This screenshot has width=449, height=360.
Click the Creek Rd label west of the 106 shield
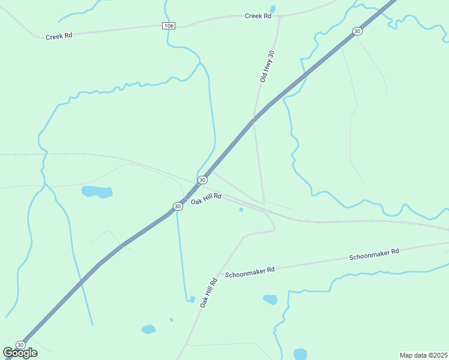coord(59,36)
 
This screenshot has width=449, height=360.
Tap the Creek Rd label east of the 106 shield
coord(258,16)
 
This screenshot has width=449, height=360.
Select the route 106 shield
coord(169,26)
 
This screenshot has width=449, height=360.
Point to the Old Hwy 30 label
coord(267,66)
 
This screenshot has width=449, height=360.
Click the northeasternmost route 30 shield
coord(357,31)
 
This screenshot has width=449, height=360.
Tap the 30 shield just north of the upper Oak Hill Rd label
coord(202,180)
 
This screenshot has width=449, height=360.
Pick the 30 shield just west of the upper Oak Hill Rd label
coord(177,206)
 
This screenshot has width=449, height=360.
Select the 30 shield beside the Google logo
coord(20,345)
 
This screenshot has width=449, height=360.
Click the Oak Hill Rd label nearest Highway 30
coord(206,199)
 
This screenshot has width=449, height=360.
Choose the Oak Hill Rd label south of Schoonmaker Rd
coord(208,293)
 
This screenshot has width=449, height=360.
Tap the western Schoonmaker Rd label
coord(250,271)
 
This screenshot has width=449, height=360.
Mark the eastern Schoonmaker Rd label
coord(374,254)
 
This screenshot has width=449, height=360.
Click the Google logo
coord(20,353)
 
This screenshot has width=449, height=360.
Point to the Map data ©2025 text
coord(423,355)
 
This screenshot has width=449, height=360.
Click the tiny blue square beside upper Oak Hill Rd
coord(241,209)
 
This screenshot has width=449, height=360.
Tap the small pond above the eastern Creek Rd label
coord(273,9)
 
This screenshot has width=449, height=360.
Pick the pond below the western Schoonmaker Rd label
coord(270,299)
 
